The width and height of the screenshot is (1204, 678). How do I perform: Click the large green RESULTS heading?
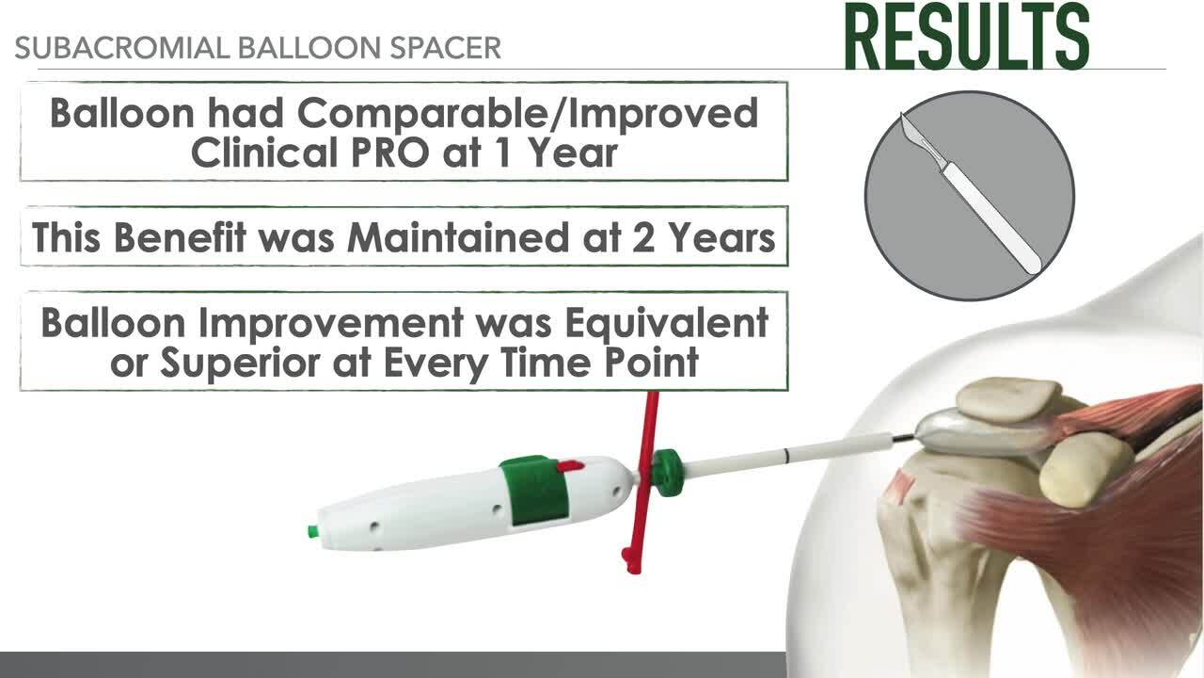[x=966, y=36]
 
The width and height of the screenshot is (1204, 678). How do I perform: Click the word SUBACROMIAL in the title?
[x=122, y=48]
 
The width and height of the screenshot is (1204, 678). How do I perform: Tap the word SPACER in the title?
[x=446, y=48]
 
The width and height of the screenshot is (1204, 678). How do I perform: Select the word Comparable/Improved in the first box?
[x=528, y=115]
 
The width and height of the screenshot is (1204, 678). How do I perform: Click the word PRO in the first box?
[x=390, y=153]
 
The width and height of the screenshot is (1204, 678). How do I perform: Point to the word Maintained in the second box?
[x=458, y=238]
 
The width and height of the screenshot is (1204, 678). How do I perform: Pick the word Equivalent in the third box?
[x=667, y=324]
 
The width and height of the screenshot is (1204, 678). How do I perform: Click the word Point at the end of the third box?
[x=652, y=363]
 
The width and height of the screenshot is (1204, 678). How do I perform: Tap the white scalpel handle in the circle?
[x=991, y=218]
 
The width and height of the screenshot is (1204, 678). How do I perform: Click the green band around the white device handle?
[x=535, y=491]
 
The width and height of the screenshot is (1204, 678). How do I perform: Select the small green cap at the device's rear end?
[x=312, y=532]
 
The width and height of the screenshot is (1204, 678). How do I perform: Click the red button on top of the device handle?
[x=570, y=466]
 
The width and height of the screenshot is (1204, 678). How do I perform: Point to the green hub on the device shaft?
[x=668, y=473]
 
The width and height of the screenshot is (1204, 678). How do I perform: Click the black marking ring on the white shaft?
[x=787, y=455]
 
